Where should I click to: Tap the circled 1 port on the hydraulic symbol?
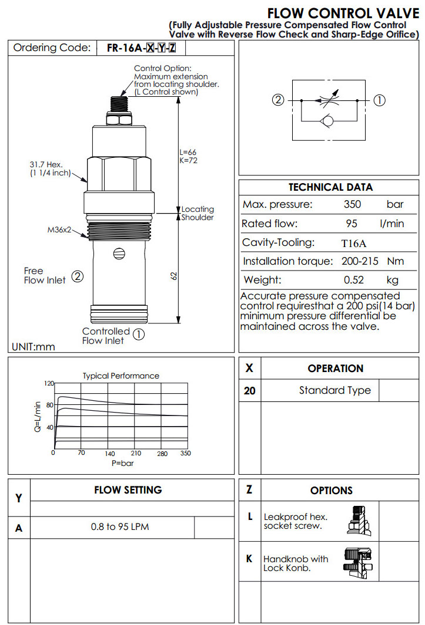(x=380, y=100)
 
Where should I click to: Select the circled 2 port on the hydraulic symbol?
(x=279, y=100)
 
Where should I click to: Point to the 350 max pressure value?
(x=352, y=205)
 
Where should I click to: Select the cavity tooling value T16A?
(x=352, y=242)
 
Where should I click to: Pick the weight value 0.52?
(x=352, y=280)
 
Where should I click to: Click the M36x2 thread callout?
(x=59, y=229)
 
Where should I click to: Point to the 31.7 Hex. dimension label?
(x=46, y=164)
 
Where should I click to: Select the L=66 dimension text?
(x=188, y=153)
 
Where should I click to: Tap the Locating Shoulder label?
(x=198, y=213)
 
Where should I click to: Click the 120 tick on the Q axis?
(x=49, y=383)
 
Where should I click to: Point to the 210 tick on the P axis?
(x=136, y=453)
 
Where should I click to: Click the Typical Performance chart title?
(x=121, y=376)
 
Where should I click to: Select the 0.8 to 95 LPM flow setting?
(x=120, y=527)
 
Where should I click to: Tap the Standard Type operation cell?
(x=334, y=390)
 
